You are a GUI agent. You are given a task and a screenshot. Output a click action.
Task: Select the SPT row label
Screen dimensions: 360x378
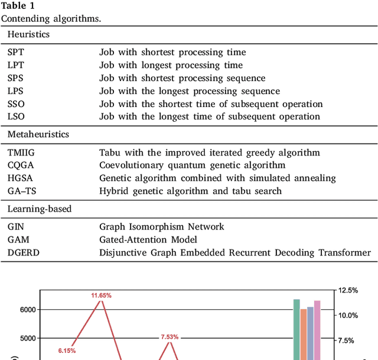[16, 52]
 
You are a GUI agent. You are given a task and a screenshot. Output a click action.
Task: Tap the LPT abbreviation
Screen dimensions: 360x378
[16, 65]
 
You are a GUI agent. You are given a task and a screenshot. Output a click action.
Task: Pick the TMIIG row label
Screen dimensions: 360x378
[21, 153]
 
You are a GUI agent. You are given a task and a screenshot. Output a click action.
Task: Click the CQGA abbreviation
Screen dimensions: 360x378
[20, 165]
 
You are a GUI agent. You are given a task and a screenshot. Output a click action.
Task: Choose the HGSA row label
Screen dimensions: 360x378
[19, 178]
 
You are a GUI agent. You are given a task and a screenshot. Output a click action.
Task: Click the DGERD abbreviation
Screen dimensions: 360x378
[21, 252]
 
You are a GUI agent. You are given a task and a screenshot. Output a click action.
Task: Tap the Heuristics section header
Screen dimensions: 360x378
[28, 34]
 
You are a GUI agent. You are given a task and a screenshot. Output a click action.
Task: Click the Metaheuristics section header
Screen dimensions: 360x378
[38, 134]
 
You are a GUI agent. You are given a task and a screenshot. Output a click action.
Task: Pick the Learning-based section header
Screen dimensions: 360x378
[39, 209]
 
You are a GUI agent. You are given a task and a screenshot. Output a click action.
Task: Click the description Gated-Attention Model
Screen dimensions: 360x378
[148, 239]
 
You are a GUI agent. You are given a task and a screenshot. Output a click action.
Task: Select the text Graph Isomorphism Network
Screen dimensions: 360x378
[162, 226]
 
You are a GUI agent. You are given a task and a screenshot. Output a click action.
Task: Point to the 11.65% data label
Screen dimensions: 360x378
[101, 295]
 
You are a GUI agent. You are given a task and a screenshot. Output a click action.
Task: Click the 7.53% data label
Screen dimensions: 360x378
[170, 337]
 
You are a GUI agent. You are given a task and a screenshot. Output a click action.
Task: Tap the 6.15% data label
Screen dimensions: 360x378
[67, 351]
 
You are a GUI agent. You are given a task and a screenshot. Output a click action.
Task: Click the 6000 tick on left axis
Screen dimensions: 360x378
[27, 310]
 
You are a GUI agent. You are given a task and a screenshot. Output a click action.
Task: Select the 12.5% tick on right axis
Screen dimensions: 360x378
[348, 290]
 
